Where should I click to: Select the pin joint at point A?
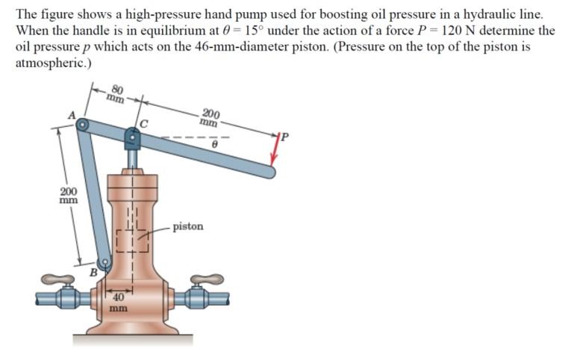(83, 125)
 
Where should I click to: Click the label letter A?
(72, 114)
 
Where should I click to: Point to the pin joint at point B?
(105, 262)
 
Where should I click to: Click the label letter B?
(93, 273)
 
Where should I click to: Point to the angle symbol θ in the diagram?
(213, 148)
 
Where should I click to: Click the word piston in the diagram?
(187, 226)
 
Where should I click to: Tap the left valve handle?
(57, 280)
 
